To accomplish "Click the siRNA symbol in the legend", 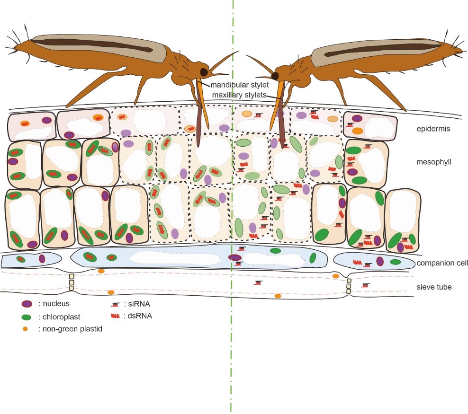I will [114, 305].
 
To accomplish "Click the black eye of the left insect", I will [203, 72].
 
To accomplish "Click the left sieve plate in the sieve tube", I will [72, 282].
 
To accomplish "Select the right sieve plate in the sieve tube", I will [349, 285].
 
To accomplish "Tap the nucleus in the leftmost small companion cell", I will [42, 258].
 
